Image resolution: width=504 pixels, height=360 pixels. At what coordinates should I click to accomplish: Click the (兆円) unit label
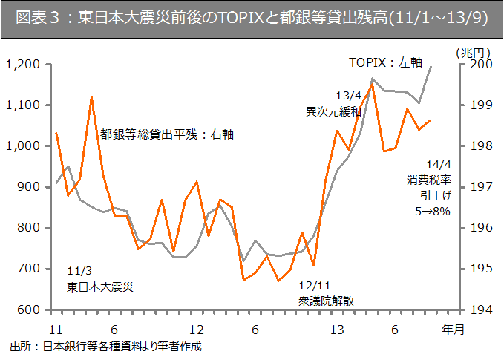click(472, 52)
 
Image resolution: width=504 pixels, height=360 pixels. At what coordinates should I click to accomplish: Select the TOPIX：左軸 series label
click(385, 63)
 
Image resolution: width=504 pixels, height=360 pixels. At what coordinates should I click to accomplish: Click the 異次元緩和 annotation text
click(333, 112)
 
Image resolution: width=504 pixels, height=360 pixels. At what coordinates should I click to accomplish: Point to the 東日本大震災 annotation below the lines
click(100, 286)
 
